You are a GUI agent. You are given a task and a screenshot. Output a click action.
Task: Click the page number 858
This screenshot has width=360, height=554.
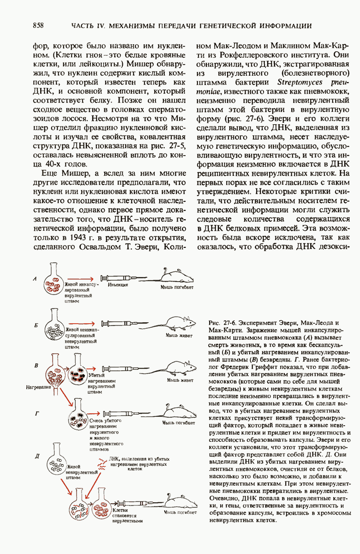click(39, 26)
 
